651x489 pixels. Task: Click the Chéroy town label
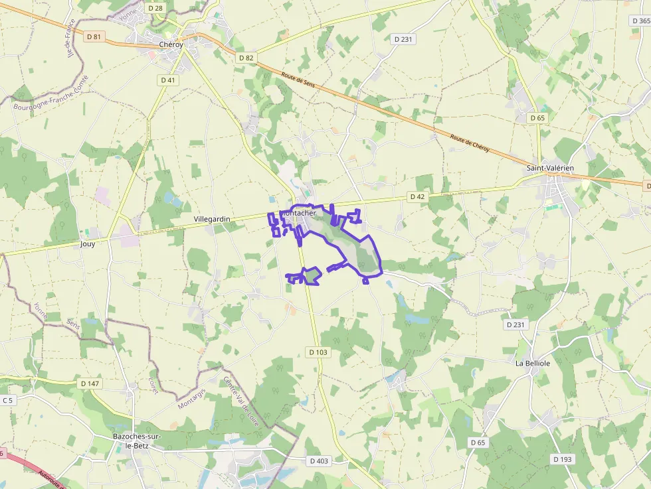(x=171, y=44)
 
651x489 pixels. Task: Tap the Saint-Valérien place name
(x=549, y=168)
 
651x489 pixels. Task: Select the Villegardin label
(x=211, y=218)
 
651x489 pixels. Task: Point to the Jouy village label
(x=87, y=244)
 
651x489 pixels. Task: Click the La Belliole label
(x=533, y=364)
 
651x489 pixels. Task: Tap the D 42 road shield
(x=417, y=196)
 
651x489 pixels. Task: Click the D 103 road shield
(x=318, y=352)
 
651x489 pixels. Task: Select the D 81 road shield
(x=94, y=36)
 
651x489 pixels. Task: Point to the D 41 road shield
(x=168, y=80)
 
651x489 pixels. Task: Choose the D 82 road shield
(x=246, y=58)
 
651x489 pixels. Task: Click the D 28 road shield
(x=155, y=8)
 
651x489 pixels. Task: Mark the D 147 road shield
(x=89, y=384)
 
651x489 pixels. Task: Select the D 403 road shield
(x=319, y=460)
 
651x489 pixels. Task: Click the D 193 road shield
(x=562, y=458)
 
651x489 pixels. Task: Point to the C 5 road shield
(x=7, y=400)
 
